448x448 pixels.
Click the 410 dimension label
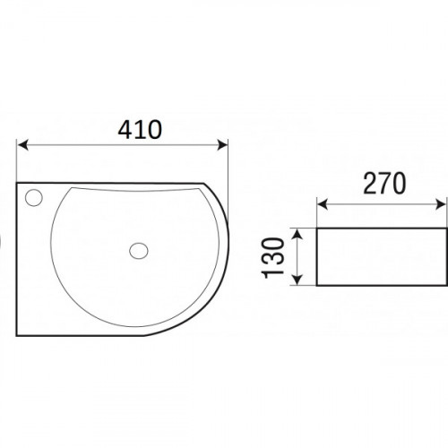tap(140, 130)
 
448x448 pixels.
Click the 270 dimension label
tap(384, 183)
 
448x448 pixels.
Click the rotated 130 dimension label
tap(272, 258)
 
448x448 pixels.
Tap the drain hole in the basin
tap(139, 251)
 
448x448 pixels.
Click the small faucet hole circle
tap(34, 198)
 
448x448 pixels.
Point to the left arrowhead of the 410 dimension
tap(22, 145)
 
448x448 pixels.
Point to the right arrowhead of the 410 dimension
tap(222, 145)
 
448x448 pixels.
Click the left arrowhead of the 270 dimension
tap(323, 205)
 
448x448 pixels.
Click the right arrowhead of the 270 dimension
tap(441, 205)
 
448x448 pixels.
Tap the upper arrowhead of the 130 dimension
tap(297, 234)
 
